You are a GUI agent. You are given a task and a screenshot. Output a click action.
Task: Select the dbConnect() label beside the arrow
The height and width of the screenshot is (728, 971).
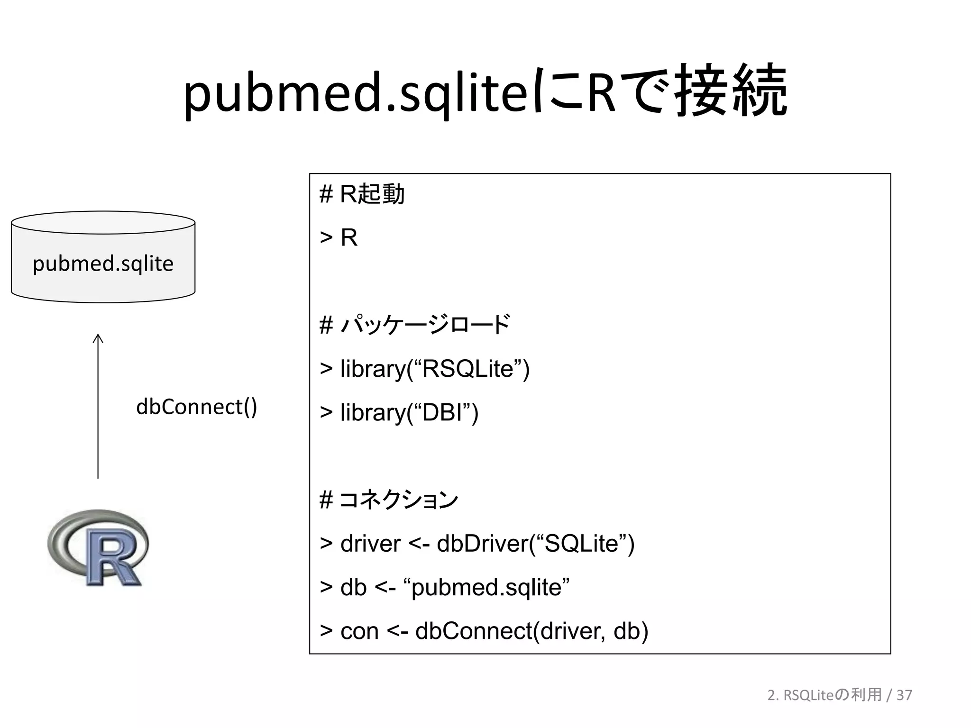pyautogui.click(x=196, y=407)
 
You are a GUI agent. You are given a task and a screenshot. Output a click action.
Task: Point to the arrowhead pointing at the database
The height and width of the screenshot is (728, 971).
pyautogui.click(x=98, y=337)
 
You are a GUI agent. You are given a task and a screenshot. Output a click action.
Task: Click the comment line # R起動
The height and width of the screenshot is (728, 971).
pyautogui.click(x=362, y=194)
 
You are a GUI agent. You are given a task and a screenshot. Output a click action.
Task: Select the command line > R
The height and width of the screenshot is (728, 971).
pyautogui.click(x=339, y=237)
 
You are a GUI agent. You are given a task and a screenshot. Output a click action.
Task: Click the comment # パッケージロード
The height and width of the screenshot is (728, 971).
pyautogui.click(x=415, y=325)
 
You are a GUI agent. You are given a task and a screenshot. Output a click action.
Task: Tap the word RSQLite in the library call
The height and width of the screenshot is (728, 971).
pyautogui.click(x=467, y=369)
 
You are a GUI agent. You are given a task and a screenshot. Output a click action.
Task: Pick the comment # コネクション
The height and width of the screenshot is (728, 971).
pyautogui.click(x=389, y=500)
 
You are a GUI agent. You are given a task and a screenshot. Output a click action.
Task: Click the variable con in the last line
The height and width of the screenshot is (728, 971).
pyautogui.click(x=359, y=631)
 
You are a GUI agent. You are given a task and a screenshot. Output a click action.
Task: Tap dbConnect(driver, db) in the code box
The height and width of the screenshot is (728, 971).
pyautogui.click(x=531, y=631)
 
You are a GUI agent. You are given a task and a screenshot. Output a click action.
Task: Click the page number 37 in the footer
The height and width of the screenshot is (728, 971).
pyautogui.click(x=904, y=695)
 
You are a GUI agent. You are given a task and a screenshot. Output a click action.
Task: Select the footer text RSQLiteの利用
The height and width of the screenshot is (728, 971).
pyautogui.click(x=832, y=695)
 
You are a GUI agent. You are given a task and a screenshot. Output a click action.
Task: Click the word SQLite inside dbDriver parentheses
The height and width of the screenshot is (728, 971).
pyautogui.click(x=582, y=544)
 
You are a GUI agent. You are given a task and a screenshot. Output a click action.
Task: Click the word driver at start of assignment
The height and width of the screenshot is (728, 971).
pyautogui.click(x=370, y=544)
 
